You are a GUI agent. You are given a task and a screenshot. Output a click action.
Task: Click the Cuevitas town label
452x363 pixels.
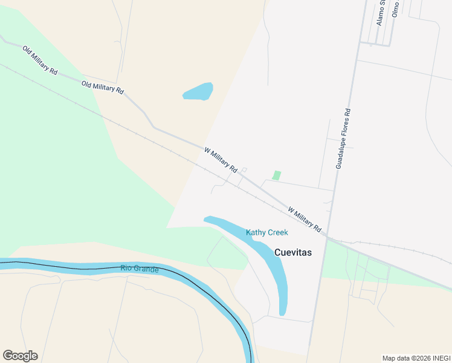(293, 253)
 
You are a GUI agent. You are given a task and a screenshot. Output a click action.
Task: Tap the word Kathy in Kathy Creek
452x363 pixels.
(256, 232)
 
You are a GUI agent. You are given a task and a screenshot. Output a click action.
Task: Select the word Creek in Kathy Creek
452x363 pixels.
(278, 232)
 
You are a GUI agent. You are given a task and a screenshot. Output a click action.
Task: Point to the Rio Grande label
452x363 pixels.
(139, 268)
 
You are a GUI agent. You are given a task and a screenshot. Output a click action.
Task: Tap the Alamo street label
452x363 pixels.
(381, 12)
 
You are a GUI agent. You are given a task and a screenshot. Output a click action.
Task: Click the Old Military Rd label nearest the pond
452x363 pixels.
(103, 87)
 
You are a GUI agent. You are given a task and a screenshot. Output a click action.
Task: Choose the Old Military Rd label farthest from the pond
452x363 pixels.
(40, 60)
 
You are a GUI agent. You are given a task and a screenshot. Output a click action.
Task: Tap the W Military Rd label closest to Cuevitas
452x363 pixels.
(305, 220)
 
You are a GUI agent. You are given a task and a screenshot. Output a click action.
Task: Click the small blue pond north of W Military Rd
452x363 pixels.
(198, 91)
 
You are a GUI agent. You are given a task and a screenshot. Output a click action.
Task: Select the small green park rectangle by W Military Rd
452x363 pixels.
(277, 175)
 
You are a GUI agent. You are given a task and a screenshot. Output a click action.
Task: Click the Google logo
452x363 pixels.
(20, 356)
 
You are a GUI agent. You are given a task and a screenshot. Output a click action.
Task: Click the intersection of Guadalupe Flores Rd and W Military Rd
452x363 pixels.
(327, 237)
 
